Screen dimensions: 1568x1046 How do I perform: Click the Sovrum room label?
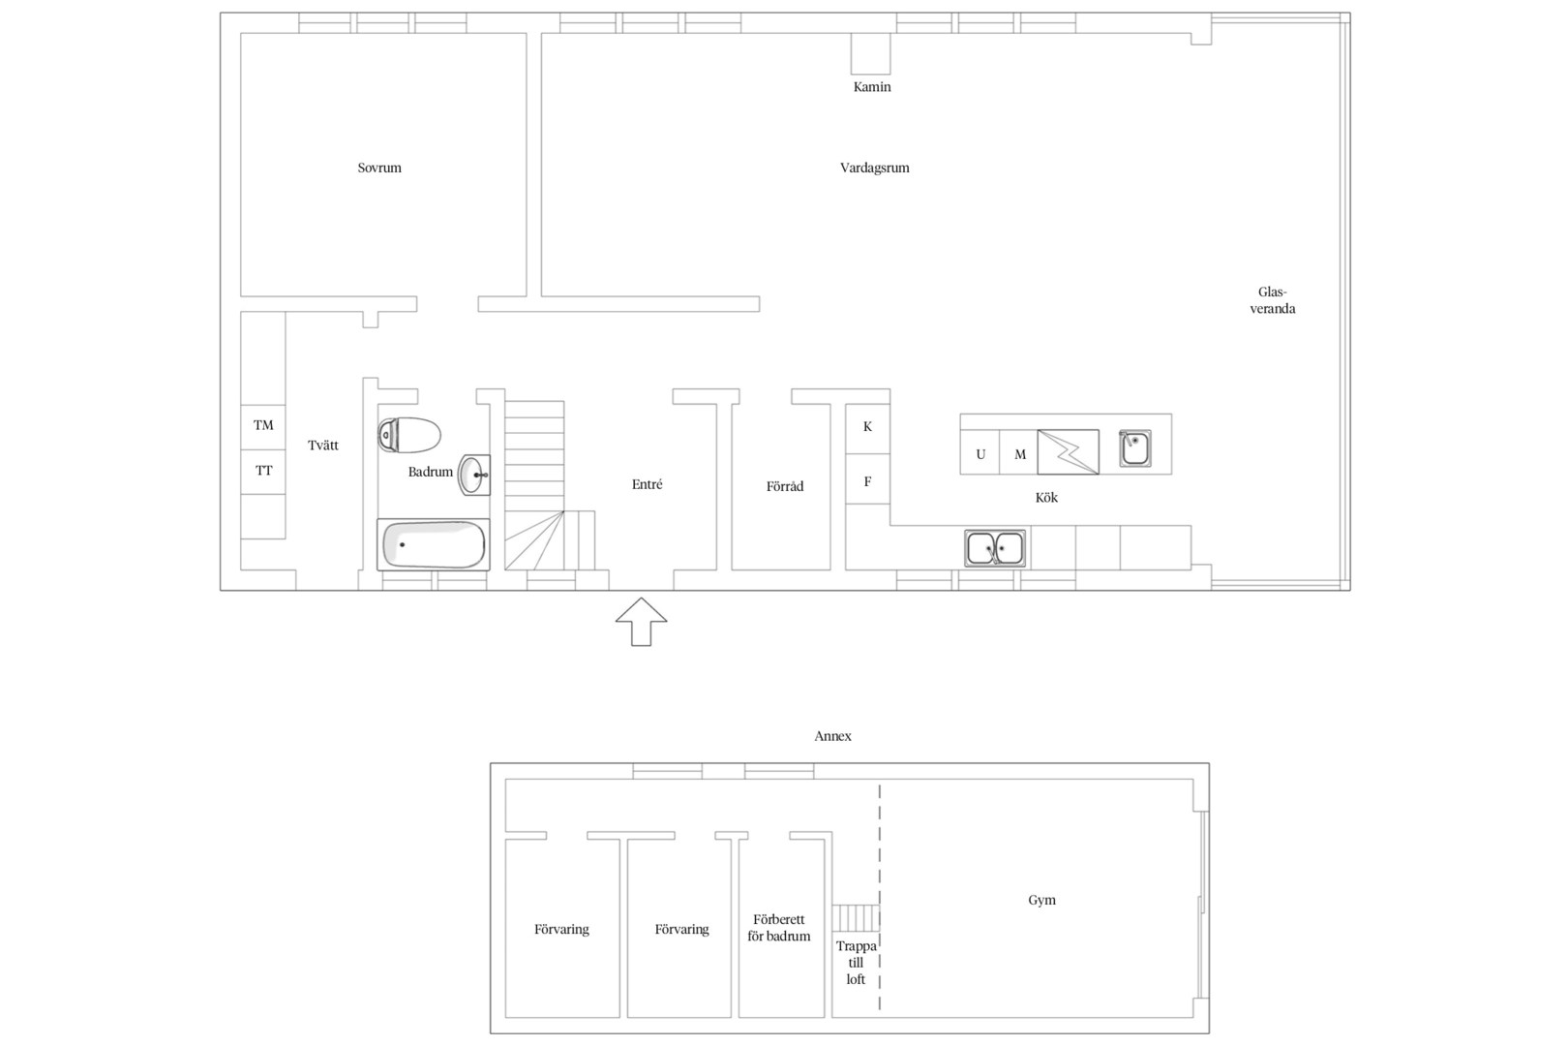pyautogui.click(x=379, y=169)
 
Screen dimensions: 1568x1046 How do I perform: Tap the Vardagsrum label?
pyautogui.click(x=874, y=169)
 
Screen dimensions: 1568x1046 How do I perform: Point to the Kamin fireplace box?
pyautogui.click(x=871, y=53)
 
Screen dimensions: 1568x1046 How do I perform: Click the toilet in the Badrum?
pyautogui.click(x=409, y=435)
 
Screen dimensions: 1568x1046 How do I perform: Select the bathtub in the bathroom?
pyautogui.click(x=434, y=544)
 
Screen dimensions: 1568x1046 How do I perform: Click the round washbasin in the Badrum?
pyautogui.click(x=474, y=475)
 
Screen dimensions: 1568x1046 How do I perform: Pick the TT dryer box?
pyautogui.click(x=263, y=472)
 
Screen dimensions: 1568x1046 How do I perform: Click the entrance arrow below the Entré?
pyautogui.click(x=641, y=622)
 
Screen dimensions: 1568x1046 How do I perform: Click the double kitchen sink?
pyautogui.click(x=995, y=548)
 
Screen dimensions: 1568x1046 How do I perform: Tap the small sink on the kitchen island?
pyautogui.click(x=1134, y=448)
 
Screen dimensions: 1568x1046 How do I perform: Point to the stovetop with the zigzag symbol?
pyautogui.click(x=1069, y=452)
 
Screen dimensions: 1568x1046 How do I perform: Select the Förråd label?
pyautogui.click(x=785, y=486)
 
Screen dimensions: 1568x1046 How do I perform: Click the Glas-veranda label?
pyautogui.click(x=1273, y=300)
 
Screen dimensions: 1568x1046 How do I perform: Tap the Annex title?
pyautogui.click(x=833, y=736)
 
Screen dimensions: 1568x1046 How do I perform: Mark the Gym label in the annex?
pyautogui.click(x=1041, y=901)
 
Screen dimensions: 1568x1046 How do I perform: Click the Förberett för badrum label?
pyautogui.click(x=779, y=928)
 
